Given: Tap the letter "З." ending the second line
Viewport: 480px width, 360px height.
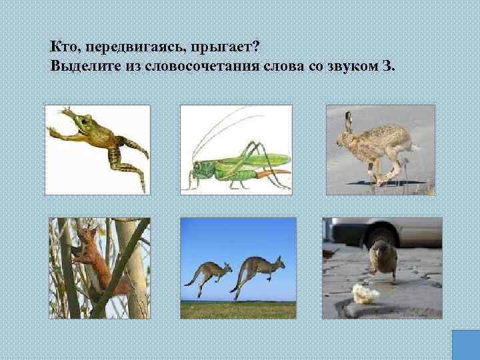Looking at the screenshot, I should point(389,67).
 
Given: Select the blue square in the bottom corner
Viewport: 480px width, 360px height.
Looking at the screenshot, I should point(465,345).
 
